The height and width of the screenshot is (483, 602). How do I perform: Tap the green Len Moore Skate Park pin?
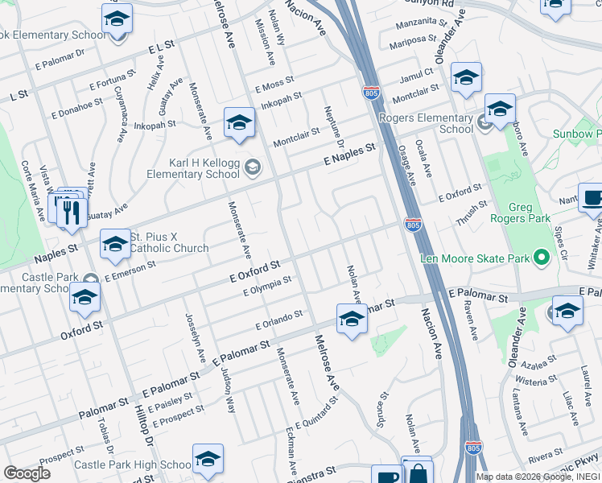(x=542, y=258)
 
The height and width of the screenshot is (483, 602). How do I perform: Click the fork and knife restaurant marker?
(x=72, y=212)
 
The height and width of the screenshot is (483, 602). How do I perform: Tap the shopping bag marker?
(x=417, y=474)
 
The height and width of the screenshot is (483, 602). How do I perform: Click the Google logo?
(x=27, y=473)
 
